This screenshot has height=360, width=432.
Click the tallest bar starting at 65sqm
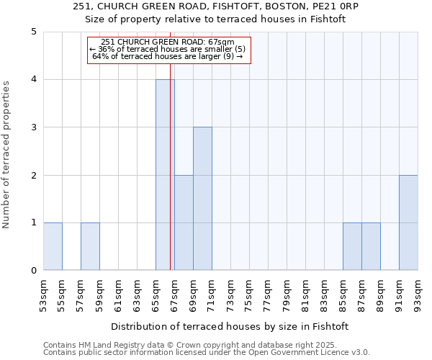point(165,175)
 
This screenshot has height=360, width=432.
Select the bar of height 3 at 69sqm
point(202,199)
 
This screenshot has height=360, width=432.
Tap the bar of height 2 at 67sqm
point(184,222)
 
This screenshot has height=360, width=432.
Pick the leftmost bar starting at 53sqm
point(53,246)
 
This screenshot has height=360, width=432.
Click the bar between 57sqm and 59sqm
point(90,246)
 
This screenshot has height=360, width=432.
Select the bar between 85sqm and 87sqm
point(352,246)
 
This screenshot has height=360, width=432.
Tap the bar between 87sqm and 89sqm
point(371,246)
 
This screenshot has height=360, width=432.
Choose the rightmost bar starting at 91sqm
point(408,222)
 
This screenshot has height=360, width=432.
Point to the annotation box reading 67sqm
point(169,50)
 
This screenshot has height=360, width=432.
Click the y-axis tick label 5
point(34,32)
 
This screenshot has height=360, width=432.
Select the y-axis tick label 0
point(34,271)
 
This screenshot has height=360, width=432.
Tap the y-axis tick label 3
point(34,127)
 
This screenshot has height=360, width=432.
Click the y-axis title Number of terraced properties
point(7,155)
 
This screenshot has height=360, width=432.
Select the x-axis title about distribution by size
point(230,326)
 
